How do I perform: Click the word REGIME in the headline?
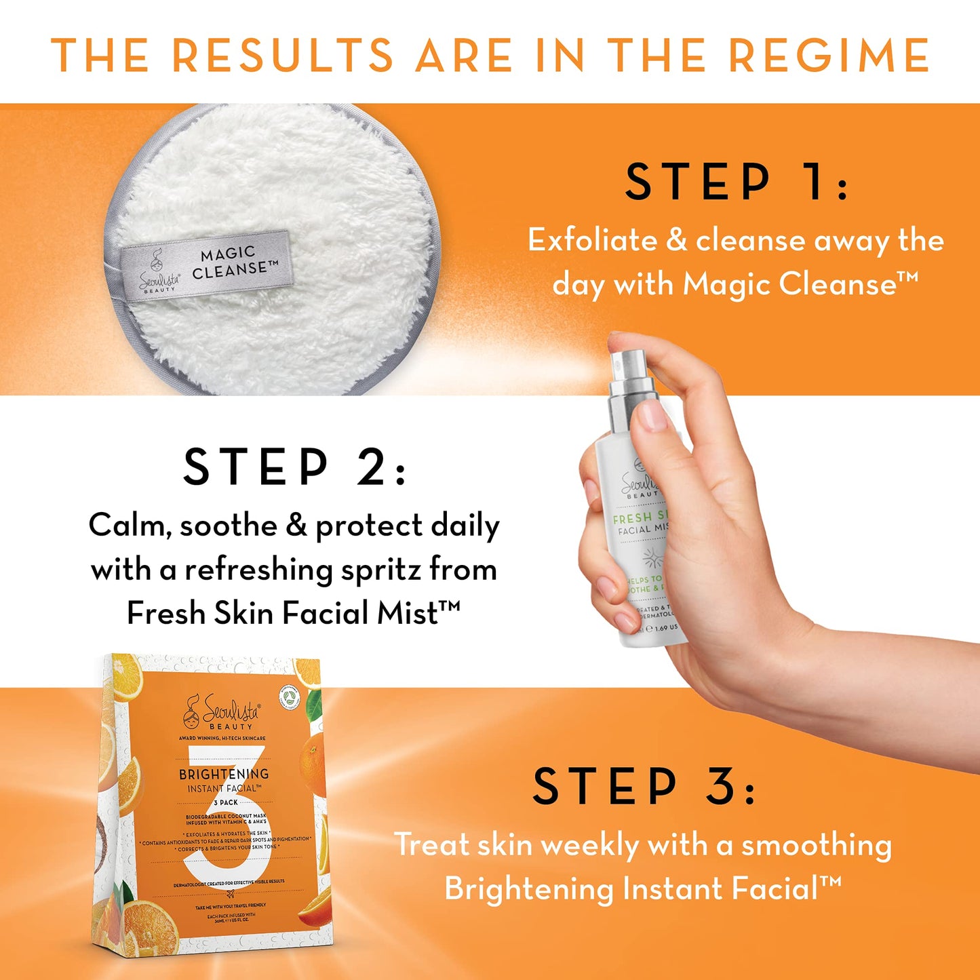pyautogui.click(x=828, y=55)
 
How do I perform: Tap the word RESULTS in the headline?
pyautogui.click(x=282, y=55)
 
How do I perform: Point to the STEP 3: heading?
pyautogui.click(x=643, y=787)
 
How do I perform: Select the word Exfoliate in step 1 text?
pyautogui.click(x=593, y=240)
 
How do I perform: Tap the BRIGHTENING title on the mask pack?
pyautogui.click(x=223, y=774)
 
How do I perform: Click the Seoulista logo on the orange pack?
pyautogui.click(x=222, y=712)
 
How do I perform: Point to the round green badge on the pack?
pyautogui.click(x=290, y=697)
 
